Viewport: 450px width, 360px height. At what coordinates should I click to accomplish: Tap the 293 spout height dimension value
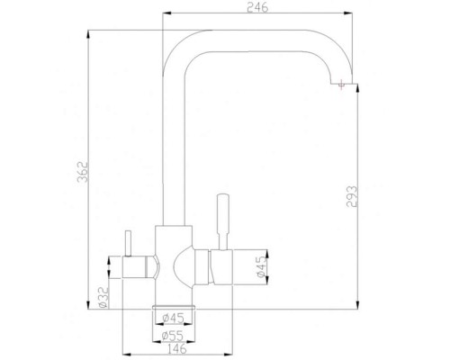pos(353,195)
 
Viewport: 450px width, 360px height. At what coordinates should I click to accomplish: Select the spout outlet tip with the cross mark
pos(341,85)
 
